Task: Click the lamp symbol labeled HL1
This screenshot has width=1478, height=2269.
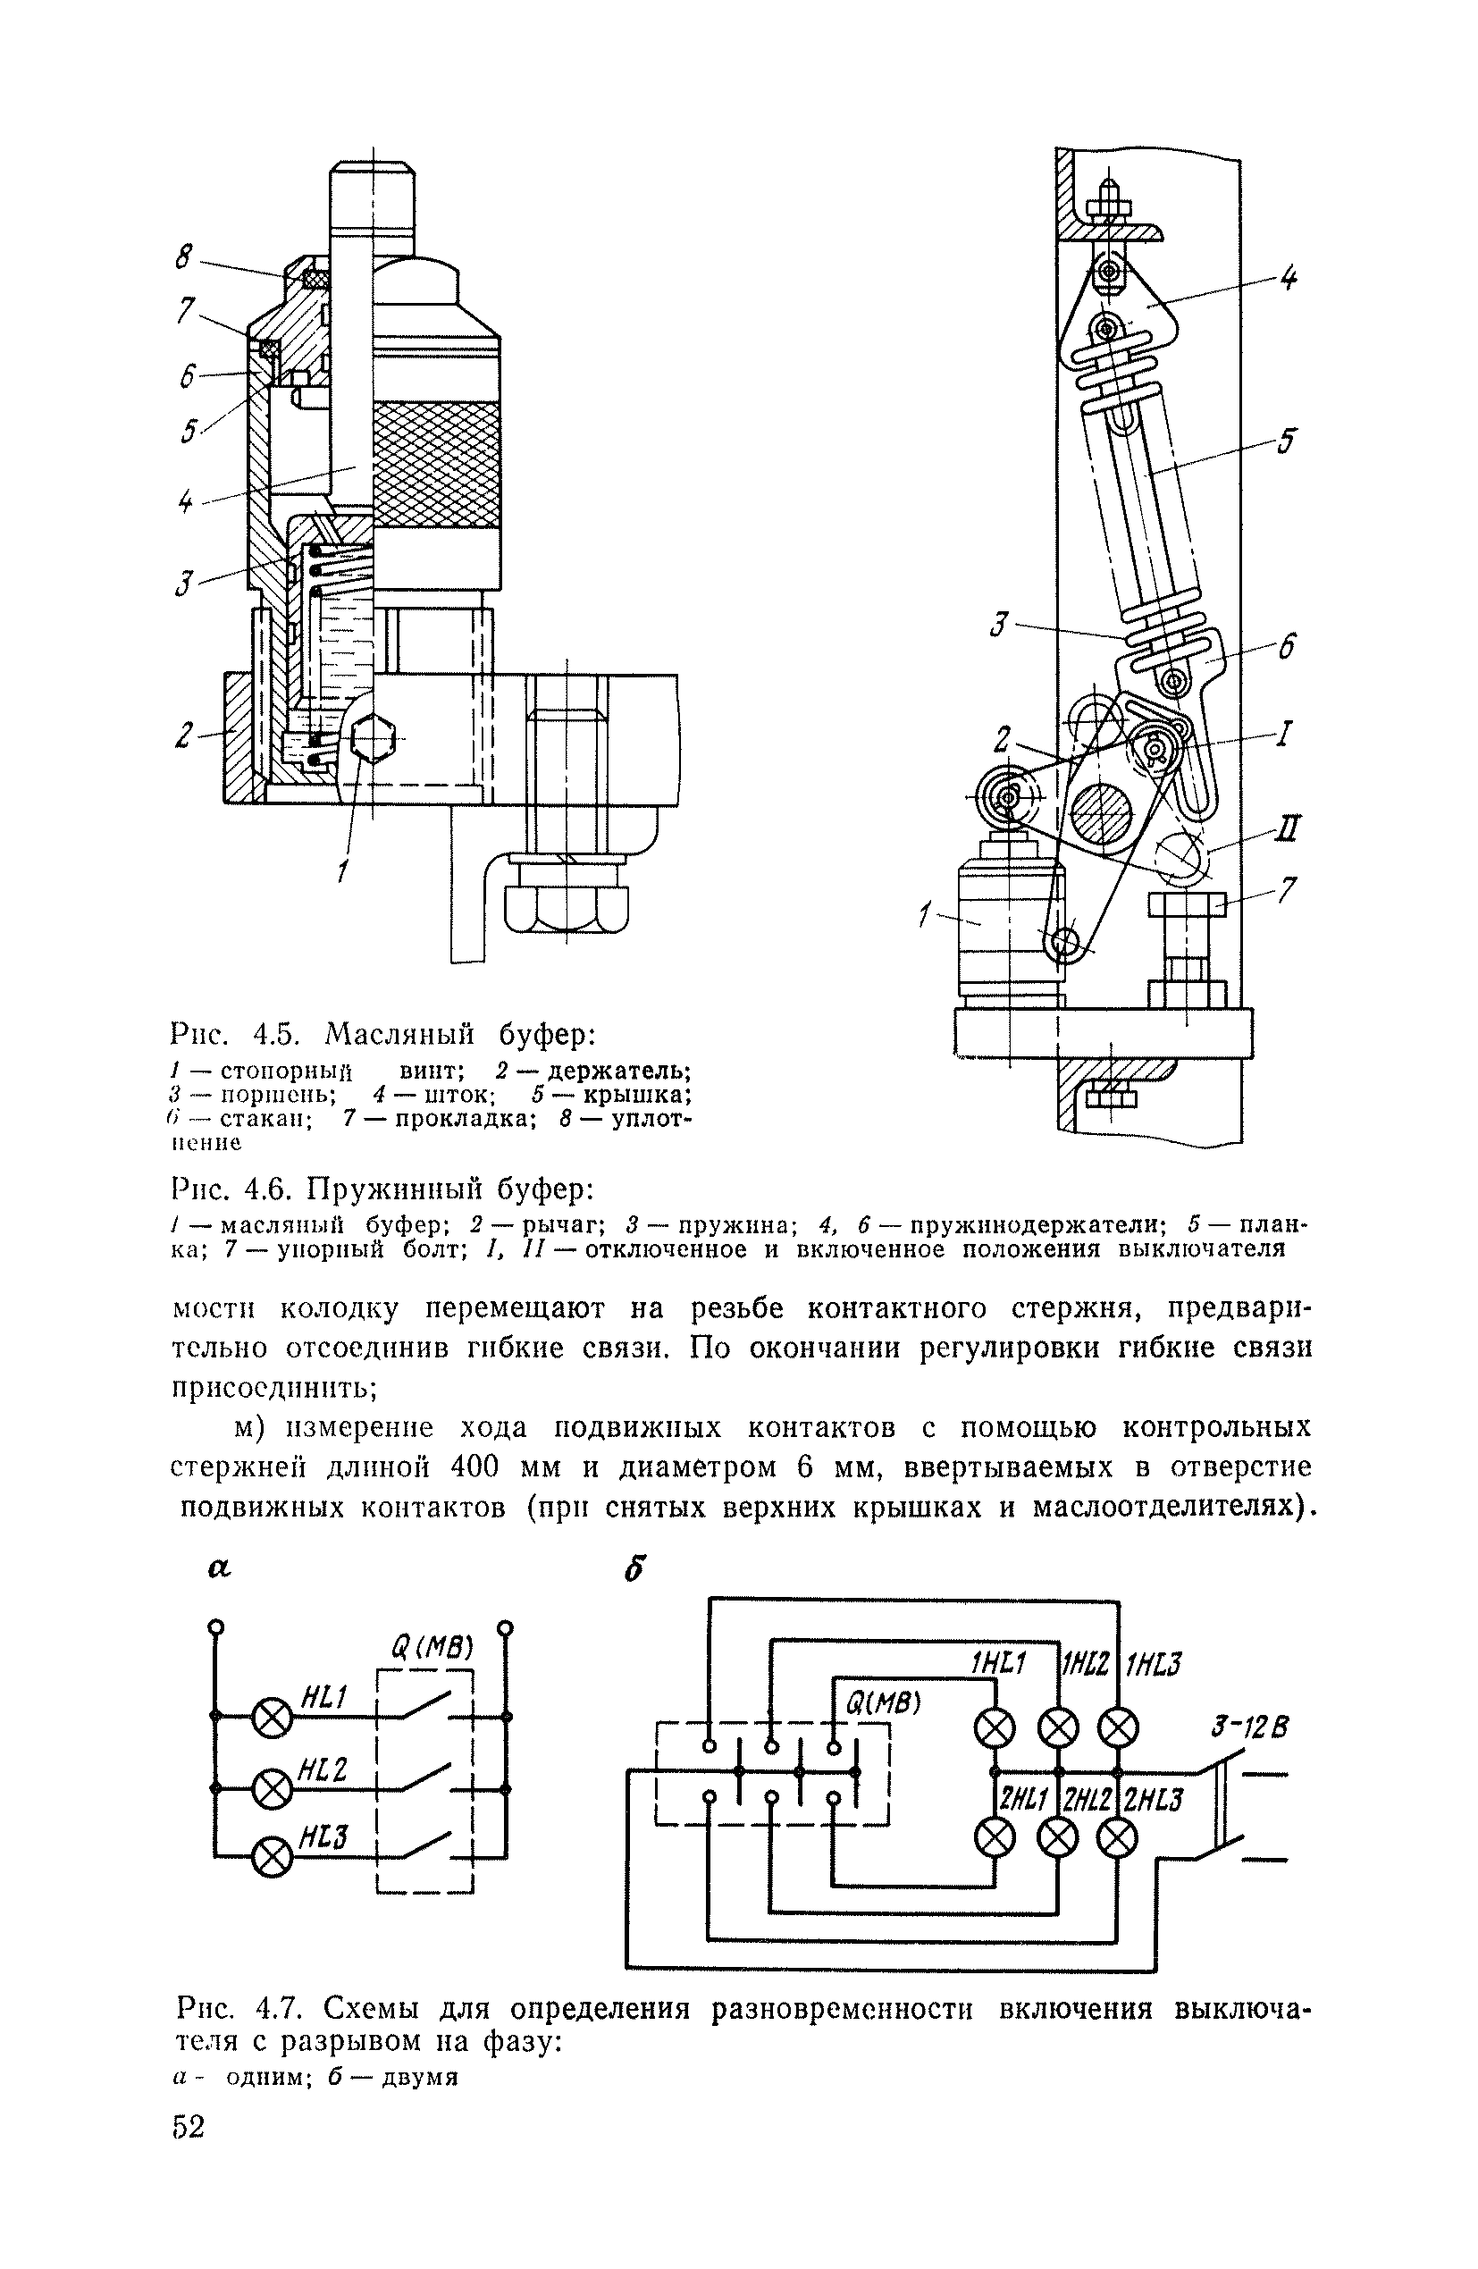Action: [272, 1719]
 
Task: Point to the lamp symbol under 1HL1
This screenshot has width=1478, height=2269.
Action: [995, 1727]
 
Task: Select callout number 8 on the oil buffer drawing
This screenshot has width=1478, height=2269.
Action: [184, 256]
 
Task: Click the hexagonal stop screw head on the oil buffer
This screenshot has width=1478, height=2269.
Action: [370, 739]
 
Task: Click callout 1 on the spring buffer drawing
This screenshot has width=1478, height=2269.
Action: [924, 917]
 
